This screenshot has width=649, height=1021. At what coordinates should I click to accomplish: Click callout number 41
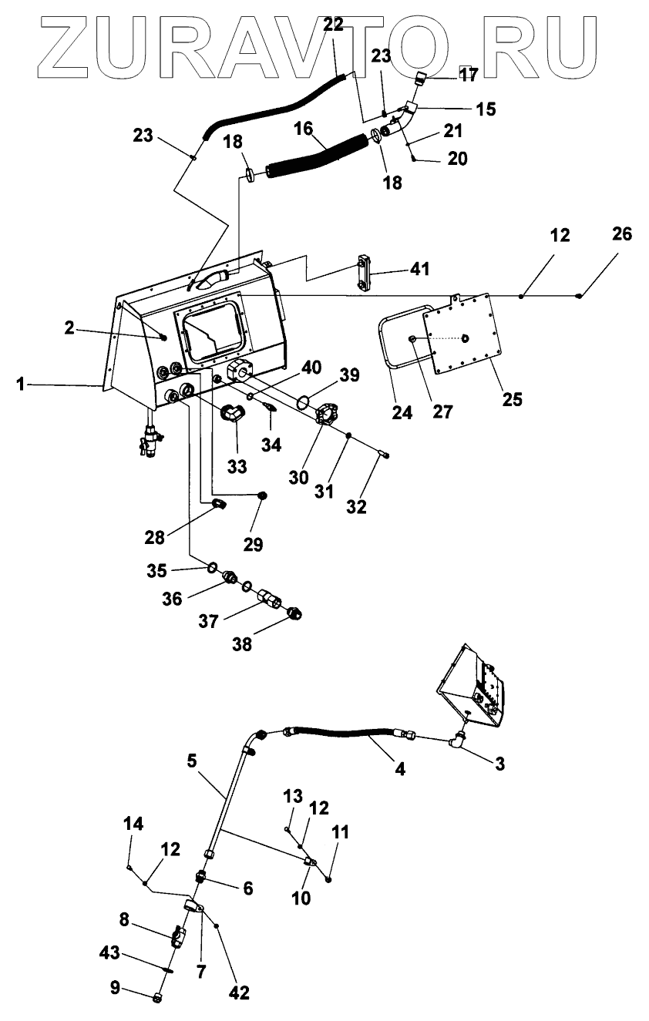[x=419, y=269]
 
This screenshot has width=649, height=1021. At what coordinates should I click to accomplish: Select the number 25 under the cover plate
[x=512, y=399]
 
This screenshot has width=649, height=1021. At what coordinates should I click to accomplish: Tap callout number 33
[x=237, y=466]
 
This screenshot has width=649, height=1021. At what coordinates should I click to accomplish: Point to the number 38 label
[x=242, y=644]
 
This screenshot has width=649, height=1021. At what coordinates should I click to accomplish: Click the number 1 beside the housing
[x=20, y=385]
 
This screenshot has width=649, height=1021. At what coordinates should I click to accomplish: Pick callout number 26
[x=622, y=234]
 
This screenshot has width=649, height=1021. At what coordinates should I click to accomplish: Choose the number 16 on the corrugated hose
[x=303, y=129]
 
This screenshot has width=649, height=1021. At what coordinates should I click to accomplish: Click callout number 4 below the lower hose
[x=399, y=769]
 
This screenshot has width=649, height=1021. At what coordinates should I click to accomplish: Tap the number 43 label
[x=110, y=952]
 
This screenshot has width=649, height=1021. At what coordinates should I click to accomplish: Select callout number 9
[x=116, y=987]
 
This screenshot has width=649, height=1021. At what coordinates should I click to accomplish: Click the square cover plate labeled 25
[x=462, y=334]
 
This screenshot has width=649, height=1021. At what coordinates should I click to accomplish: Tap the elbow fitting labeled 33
[x=234, y=413]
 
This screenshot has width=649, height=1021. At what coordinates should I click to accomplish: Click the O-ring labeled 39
[x=302, y=402]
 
